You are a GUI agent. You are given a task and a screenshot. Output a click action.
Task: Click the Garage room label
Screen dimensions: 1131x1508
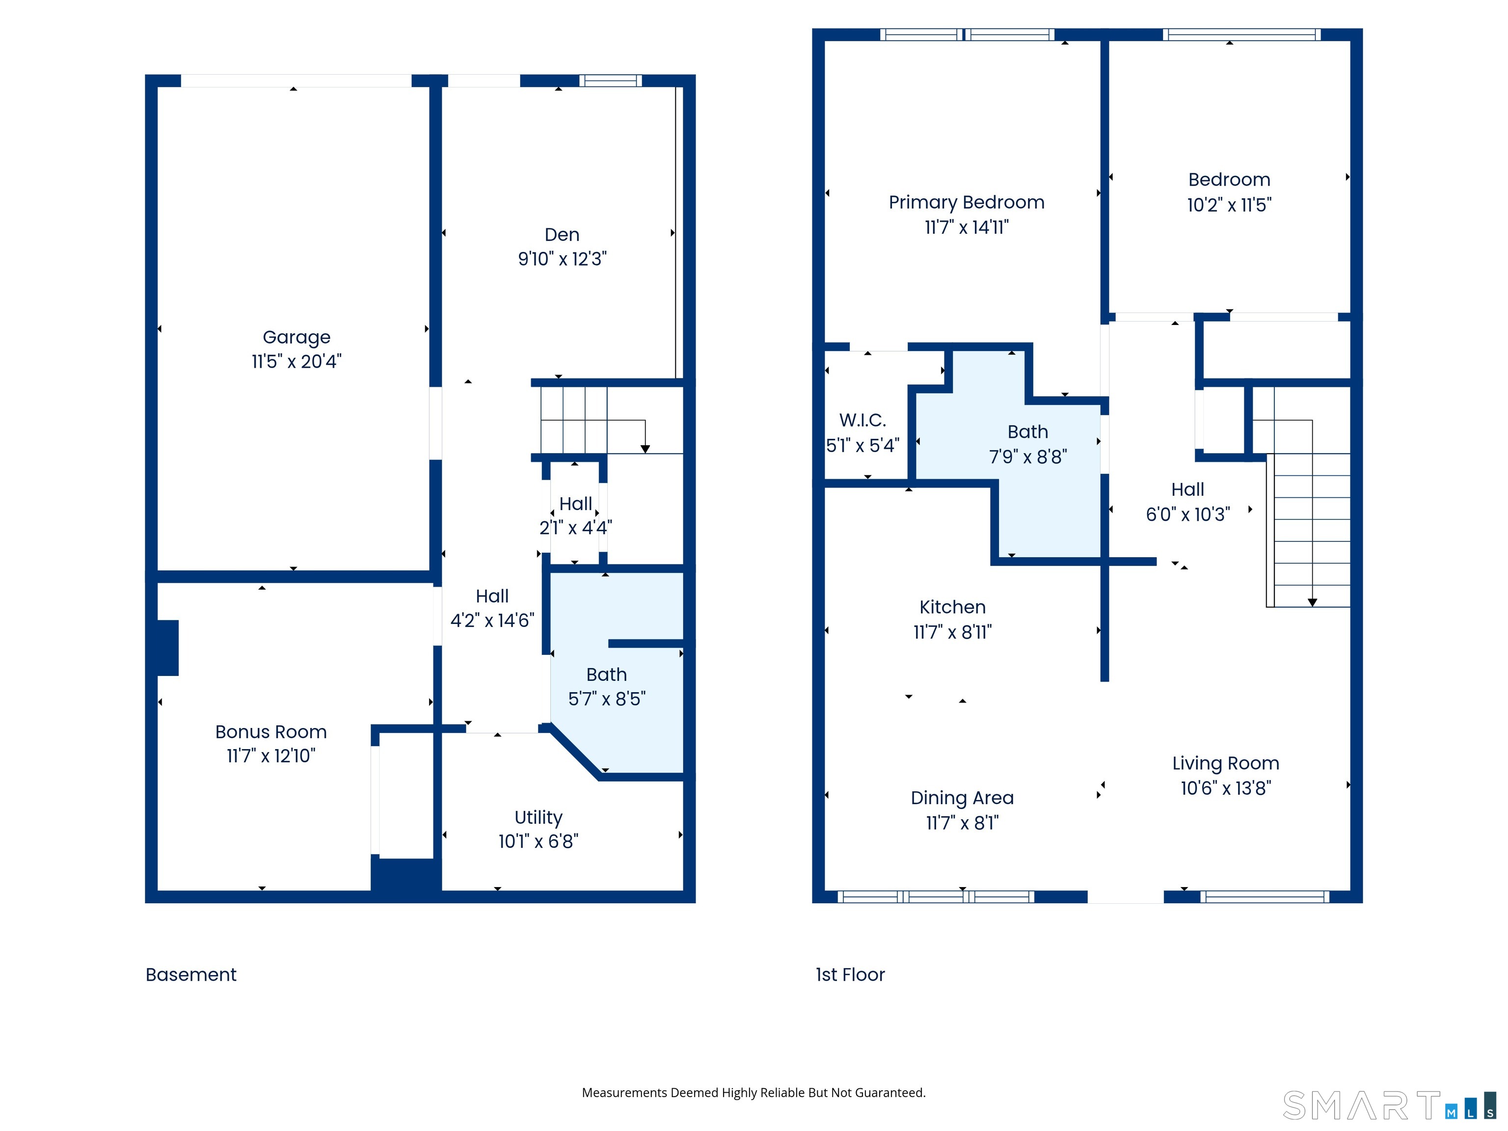click(x=296, y=337)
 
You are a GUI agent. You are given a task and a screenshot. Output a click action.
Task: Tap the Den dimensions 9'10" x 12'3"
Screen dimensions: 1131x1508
click(x=562, y=259)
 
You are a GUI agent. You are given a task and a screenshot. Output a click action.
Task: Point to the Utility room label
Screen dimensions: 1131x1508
click(x=538, y=817)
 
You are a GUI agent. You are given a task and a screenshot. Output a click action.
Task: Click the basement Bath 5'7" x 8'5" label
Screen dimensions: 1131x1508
click(x=606, y=687)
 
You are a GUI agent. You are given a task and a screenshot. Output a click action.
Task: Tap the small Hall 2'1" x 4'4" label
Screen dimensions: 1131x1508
click(x=575, y=515)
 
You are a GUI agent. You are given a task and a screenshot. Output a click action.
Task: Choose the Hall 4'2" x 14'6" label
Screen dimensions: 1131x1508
click(x=491, y=608)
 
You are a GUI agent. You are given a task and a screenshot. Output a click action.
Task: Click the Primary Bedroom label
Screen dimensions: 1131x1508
click(x=966, y=202)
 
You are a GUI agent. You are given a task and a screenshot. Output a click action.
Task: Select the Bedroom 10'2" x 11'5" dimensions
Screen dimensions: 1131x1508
click(x=1229, y=205)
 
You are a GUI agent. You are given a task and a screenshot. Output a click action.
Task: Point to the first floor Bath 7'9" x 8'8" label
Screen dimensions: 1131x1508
click(x=1027, y=444)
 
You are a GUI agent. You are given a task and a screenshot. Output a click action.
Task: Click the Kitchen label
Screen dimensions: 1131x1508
click(x=952, y=607)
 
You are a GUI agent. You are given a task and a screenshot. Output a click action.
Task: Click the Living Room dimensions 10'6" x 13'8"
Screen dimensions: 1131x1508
click(x=1225, y=788)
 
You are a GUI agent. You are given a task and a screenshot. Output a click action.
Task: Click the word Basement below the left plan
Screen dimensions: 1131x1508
click(x=191, y=974)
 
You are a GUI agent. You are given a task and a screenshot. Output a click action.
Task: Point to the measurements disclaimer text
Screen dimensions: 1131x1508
click(x=754, y=1092)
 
